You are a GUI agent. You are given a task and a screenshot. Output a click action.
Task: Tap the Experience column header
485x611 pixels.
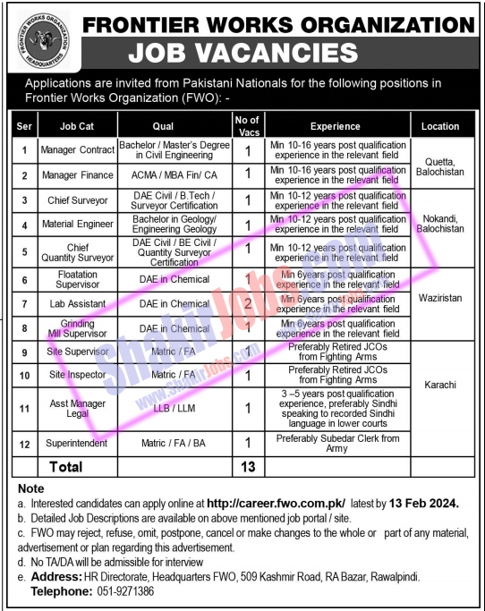pos(336,126)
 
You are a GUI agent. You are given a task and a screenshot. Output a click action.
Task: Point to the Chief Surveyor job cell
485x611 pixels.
pos(78,200)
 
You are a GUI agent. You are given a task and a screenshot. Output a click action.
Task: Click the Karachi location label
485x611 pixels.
pos(440,385)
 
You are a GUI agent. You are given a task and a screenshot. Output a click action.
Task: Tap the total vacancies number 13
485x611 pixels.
pos(248,467)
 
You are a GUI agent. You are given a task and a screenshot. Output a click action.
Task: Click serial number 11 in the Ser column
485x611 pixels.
pos(24,409)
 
